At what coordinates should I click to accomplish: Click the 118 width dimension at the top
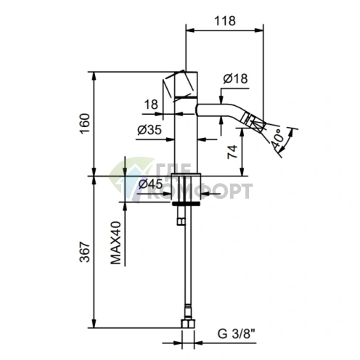point(225,21)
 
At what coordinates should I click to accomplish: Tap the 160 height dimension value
point(85,124)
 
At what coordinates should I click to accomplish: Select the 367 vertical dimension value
point(85,252)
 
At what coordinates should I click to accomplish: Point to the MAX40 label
point(115,242)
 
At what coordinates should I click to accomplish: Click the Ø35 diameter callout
point(150,130)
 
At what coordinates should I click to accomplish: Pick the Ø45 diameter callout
point(150,184)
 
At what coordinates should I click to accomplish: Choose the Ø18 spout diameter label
point(235,78)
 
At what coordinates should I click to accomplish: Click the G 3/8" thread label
point(237,334)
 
